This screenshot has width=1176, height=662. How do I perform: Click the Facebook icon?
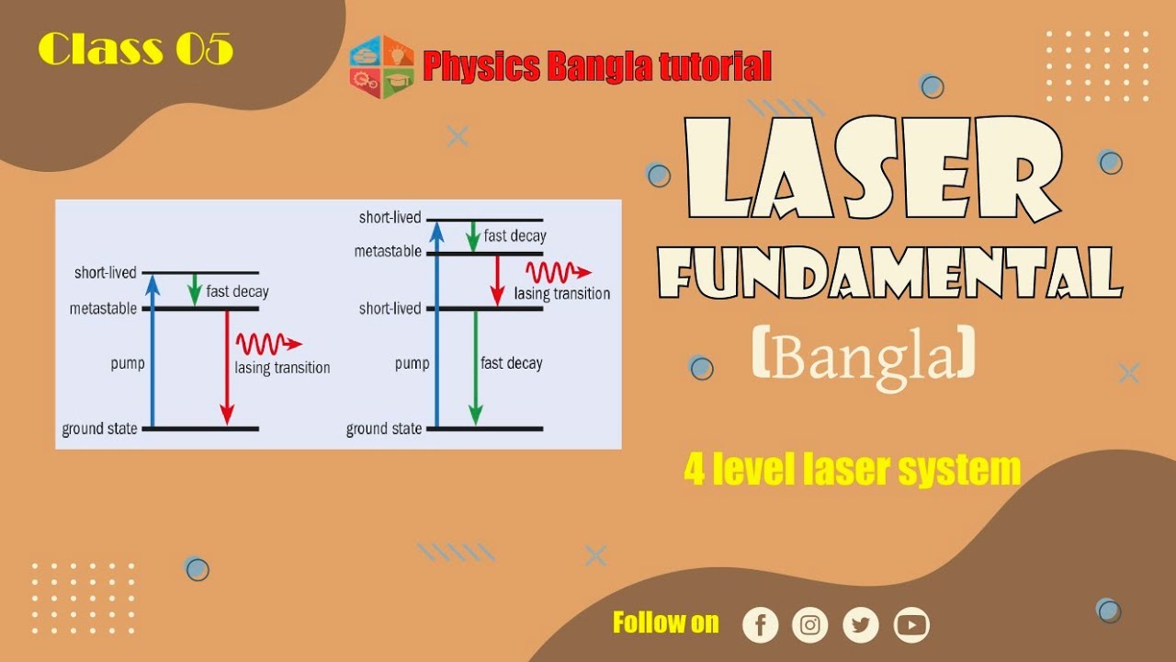pos(760,625)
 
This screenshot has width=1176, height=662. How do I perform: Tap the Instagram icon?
pos(809,625)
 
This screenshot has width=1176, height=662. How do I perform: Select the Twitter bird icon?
pos(860,625)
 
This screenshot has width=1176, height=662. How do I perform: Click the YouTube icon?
pos(910,625)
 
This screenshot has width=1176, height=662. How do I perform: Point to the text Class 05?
pos(136,49)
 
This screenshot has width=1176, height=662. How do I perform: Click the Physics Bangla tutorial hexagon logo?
pos(381,67)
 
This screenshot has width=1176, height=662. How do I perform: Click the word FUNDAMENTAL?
pos(889,274)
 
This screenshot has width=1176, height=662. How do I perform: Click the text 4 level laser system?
pos(852,469)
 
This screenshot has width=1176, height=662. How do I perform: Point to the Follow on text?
pos(665,622)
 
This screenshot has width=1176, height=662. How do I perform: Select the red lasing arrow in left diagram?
pos(226,368)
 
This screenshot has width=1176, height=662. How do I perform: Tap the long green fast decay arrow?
pos(474,368)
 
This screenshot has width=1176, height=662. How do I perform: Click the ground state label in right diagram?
pos(383,428)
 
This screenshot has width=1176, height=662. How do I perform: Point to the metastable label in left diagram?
pos(102,309)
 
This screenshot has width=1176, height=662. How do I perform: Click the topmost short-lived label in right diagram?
pos(390,218)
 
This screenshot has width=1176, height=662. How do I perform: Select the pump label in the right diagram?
pos(412,363)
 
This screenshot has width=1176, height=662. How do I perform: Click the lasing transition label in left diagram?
pos(282,368)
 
